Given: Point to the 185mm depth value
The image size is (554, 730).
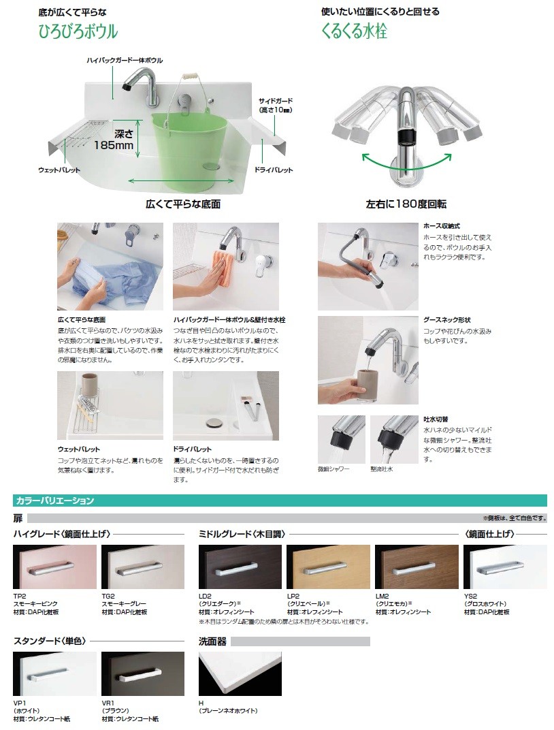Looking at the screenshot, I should coord(114,144).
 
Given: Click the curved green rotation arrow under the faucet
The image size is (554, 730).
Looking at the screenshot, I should coord(407,164).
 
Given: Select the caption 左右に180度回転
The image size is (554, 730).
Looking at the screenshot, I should coord(406,204).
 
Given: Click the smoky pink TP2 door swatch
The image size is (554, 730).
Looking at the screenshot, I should coord(54,567).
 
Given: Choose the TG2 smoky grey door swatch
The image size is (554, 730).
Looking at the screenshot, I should coord(142,567).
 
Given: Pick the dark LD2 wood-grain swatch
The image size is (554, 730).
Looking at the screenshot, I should coord(240,567).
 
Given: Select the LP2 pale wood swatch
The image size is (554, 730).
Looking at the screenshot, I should coord(328,567).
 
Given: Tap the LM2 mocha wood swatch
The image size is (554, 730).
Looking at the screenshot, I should coord(417,567).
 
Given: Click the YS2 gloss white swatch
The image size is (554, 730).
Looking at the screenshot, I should coord(505,567).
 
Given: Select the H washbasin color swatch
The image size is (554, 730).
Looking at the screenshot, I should coord(240,673).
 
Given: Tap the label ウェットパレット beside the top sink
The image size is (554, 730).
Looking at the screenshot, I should coord(59,170).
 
